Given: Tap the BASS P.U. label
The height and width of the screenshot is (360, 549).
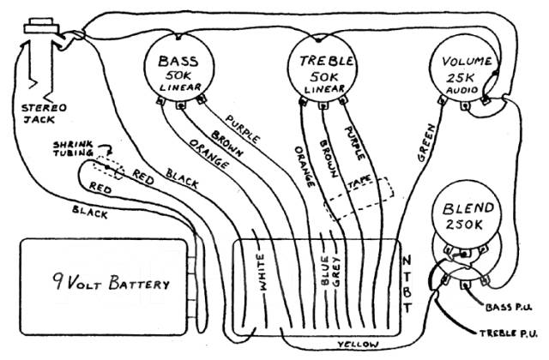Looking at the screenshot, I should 511,305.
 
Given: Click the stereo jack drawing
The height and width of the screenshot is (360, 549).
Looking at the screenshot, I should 39,56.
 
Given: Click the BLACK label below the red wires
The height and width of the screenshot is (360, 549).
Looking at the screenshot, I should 90,211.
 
